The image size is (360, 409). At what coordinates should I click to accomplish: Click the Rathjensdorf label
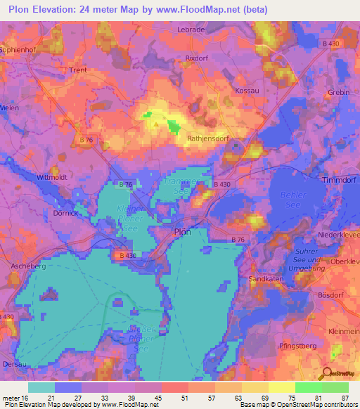tap(205, 138)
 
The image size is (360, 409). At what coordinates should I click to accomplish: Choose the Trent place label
tap(77, 70)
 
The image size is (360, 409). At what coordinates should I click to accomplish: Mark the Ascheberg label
tap(28, 266)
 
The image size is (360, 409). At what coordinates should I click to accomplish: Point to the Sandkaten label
tap(266, 279)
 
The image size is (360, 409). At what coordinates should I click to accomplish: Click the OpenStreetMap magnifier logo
tap(326, 374)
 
